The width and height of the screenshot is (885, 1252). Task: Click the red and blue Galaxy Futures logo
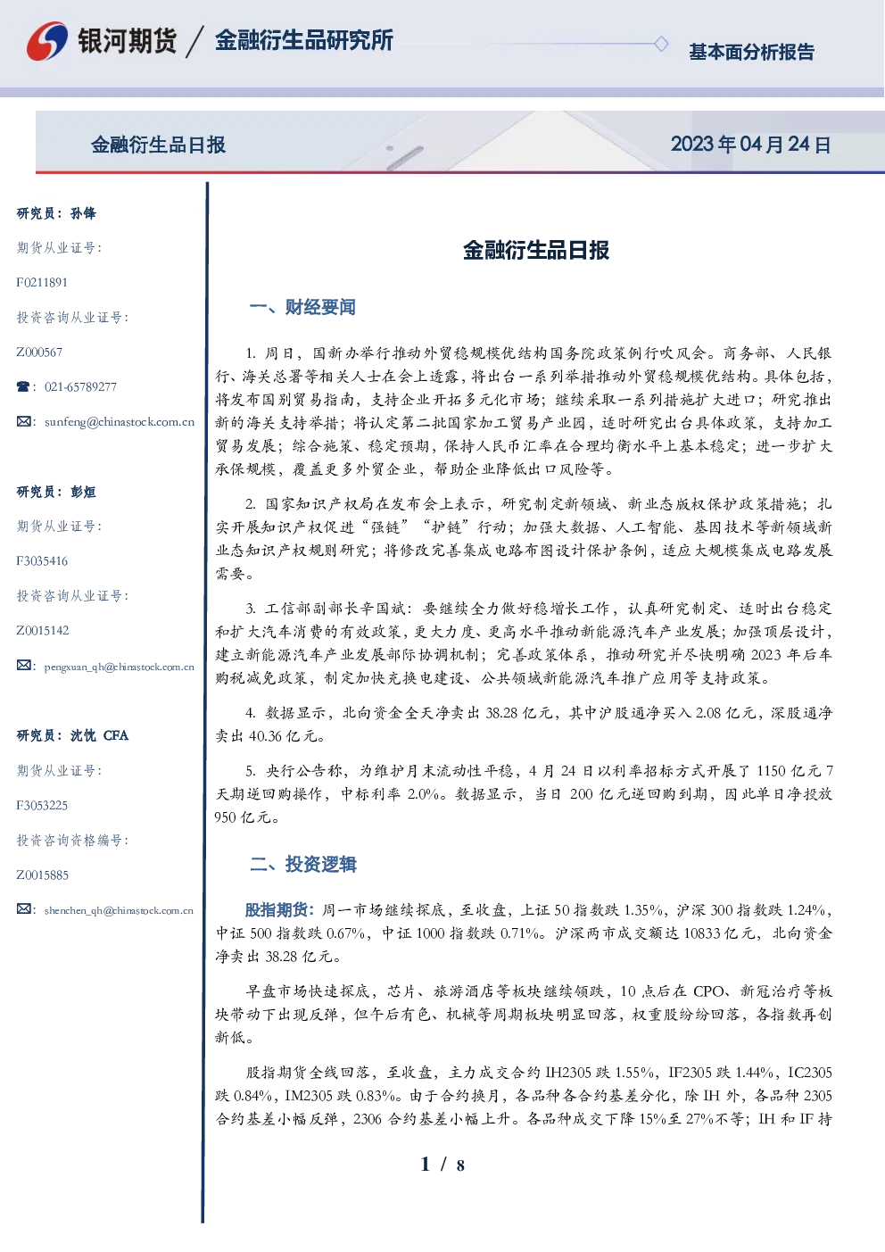[47, 41]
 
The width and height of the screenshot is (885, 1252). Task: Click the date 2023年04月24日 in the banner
[750, 145]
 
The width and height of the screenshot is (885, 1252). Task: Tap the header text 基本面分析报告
[751, 52]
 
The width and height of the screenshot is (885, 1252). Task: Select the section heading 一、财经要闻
[302, 307]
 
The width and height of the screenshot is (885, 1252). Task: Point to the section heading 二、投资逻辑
[302, 864]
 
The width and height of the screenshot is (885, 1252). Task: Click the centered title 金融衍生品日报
[536, 250]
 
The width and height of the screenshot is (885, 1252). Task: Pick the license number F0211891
[42, 282]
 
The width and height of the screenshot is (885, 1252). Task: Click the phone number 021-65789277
[81, 386]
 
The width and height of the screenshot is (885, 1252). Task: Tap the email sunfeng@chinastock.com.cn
[120, 422]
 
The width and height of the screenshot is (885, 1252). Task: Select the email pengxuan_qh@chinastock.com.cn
[120, 667]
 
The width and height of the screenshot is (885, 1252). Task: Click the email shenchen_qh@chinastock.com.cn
[119, 910]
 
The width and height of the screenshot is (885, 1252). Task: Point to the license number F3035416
[42, 560]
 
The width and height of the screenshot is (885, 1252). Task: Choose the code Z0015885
[43, 875]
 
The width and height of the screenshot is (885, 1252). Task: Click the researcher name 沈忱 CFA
[99, 735]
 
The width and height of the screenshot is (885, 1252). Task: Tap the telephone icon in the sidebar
[23, 386]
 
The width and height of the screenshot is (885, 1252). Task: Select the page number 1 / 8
[442, 1165]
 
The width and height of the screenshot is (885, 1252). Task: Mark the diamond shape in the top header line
[661, 44]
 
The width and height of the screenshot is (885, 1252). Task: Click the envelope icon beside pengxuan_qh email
[23, 666]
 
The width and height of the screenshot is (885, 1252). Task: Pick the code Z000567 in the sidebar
[39, 352]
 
